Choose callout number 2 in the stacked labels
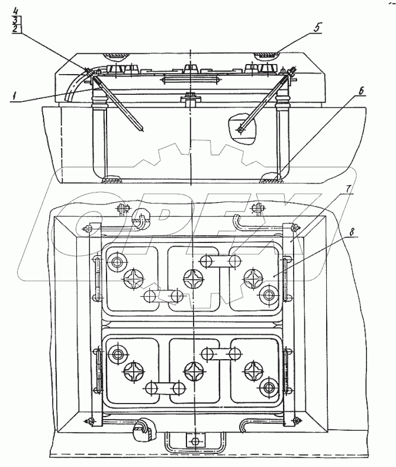pyautogui.click(x=16, y=28)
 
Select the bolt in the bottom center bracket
pyautogui.click(x=194, y=441)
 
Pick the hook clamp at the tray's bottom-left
pyautogui.click(x=142, y=428)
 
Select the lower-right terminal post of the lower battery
pyautogui.click(x=271, y=389)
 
